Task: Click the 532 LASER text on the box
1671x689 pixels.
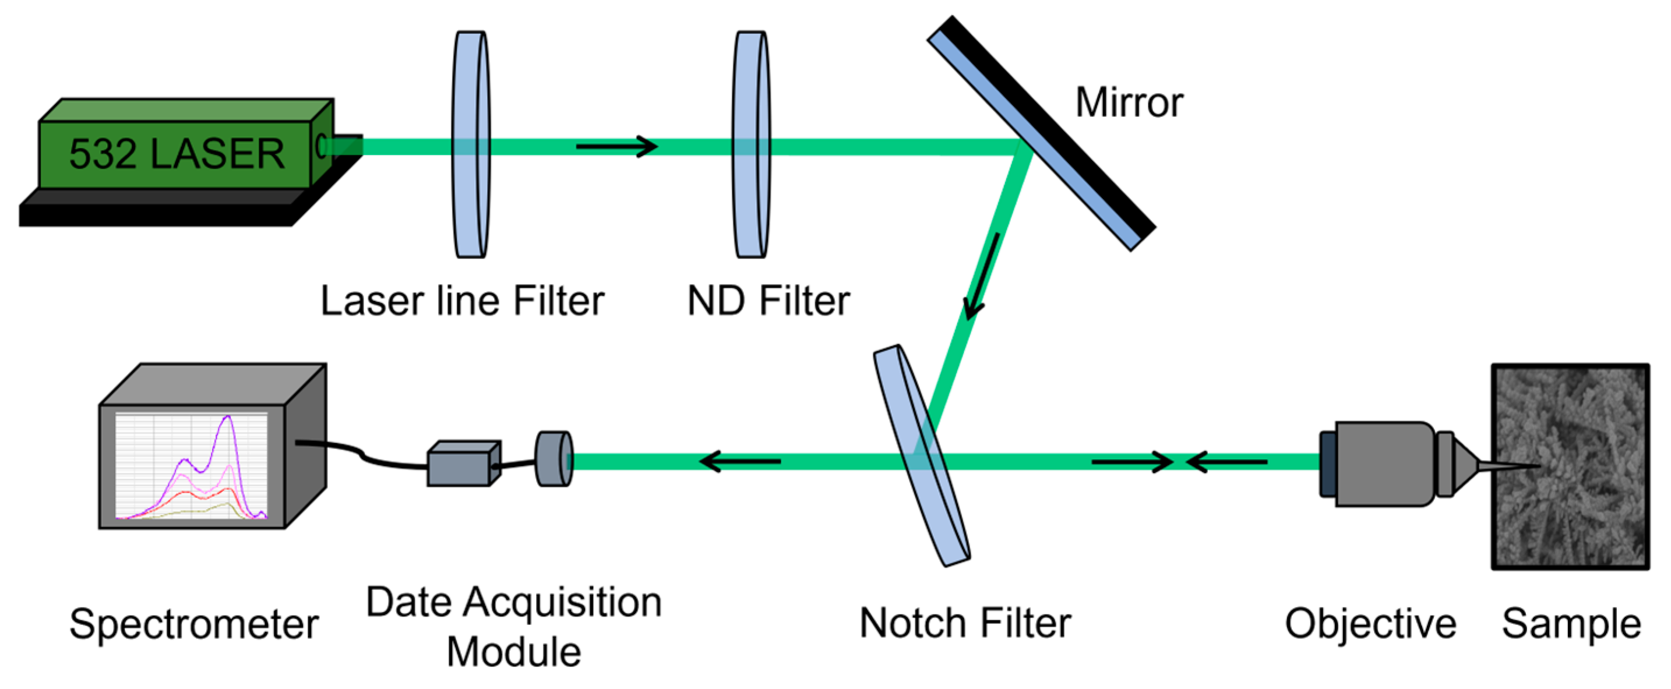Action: tap(177, 154)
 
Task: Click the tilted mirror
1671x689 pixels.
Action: tap(1041, 132)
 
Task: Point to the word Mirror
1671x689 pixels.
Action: tap(1129, 103)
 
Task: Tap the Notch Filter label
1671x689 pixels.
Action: tap(965, 624)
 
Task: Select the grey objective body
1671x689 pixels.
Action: tap(1381, 463)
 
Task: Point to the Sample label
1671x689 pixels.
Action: tap(1571, 624)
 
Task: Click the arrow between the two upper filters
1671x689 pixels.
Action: tap(616, 147)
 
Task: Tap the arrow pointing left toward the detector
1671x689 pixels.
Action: tap(739, 461)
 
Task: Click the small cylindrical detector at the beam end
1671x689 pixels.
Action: tap(554, 459)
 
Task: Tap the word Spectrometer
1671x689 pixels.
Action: tap(193, 624)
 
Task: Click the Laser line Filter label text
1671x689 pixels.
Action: tap(462, 301)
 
